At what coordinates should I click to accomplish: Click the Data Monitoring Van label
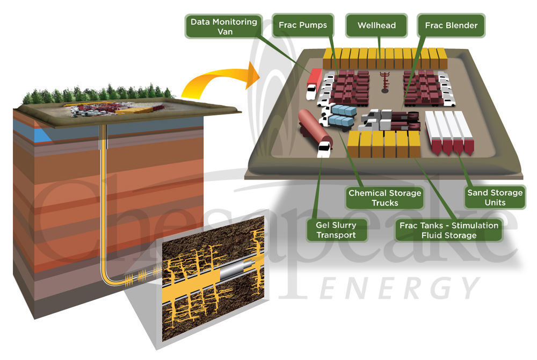(224, 26)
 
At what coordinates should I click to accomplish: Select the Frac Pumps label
(303, 25)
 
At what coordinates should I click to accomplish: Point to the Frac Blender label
(451, 25)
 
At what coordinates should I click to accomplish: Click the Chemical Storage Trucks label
(384, 198)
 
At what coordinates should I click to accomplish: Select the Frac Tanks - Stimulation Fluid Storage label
(449, 229)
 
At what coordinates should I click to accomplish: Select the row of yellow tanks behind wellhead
(384, 58)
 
